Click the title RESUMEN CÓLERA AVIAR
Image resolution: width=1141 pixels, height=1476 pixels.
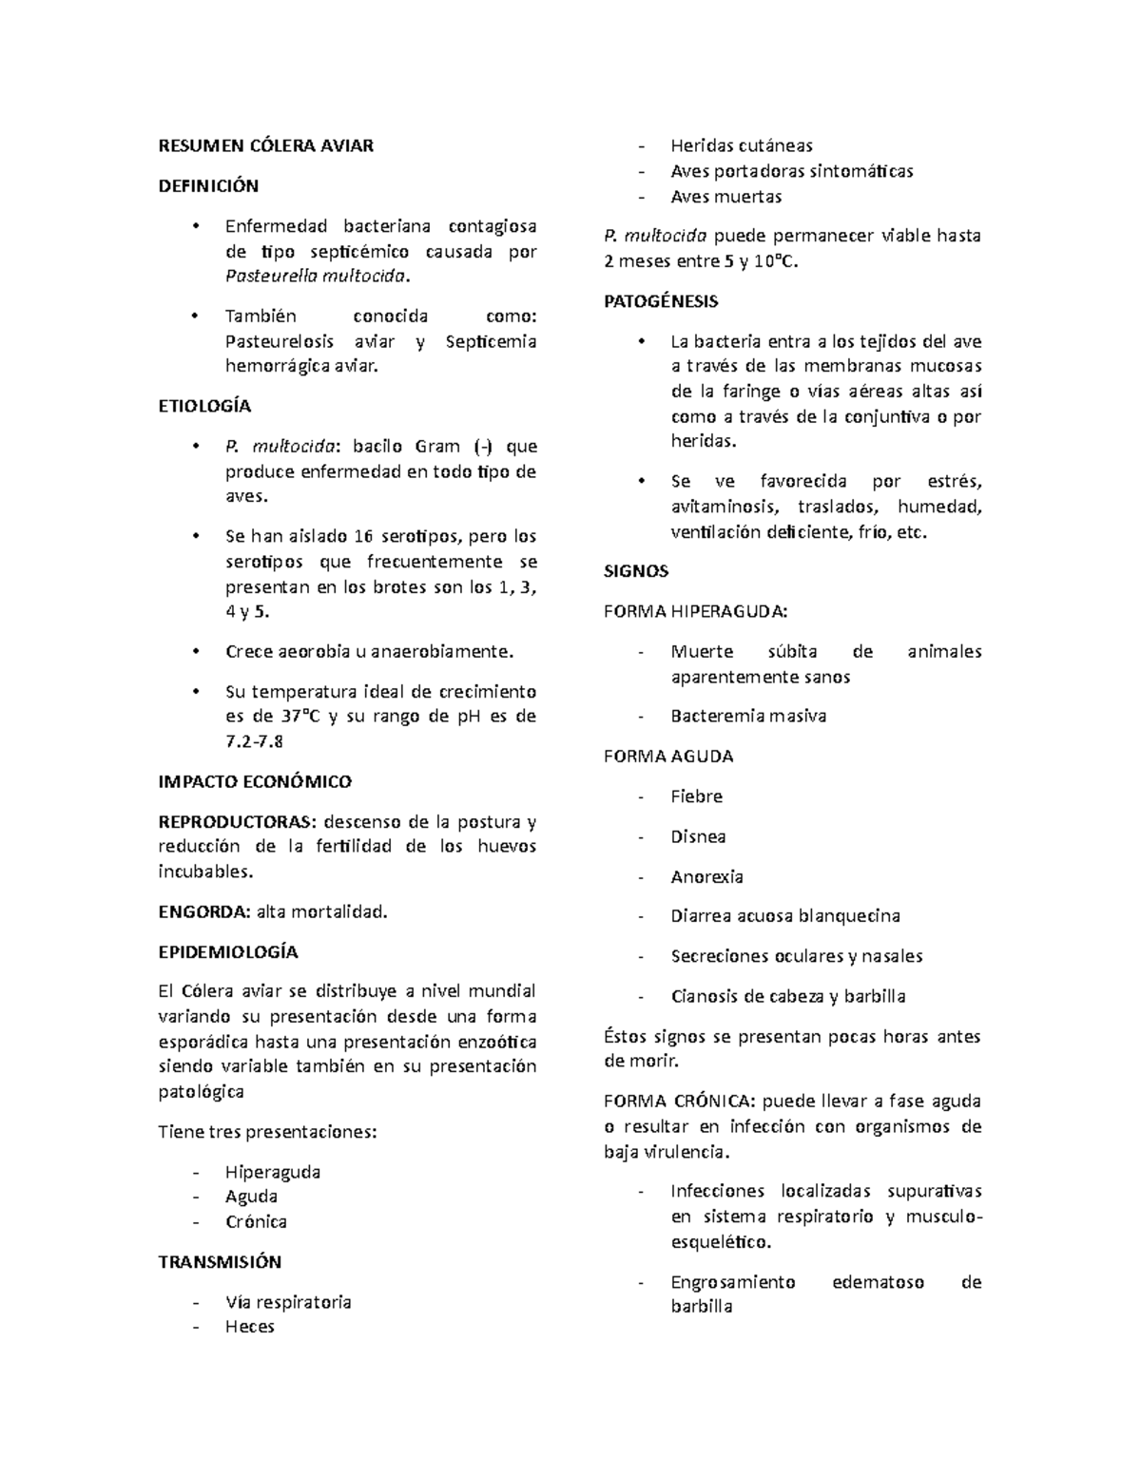pyautogui.click(x=265, y=145)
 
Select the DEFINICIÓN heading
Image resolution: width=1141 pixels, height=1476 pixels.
pyautogui.click(x=207, y=185)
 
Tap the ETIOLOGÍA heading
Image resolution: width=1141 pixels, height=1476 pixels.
pyautogui.click(x=204, y=406)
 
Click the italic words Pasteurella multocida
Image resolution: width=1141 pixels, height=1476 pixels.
pyautogui.click(x=318, y=277)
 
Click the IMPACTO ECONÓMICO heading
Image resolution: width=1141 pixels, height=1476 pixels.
pyautogui.click(x=254, y=781)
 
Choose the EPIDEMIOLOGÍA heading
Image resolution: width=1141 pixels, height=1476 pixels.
pyautogui.click(x=228, y=951)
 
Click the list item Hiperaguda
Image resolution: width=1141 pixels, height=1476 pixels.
pyautogui.click(x=272, y=1171)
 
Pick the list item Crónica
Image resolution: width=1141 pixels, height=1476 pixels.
pyautogui.click(x=256, y=1221)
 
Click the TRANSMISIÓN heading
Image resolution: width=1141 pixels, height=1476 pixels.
pyautogui.click(x=220, y=1261)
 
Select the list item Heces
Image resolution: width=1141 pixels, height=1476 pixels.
pyautogui.click(x=249, y=1327)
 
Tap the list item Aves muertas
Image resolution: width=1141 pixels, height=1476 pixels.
pyautogui.click(x=725, y=197)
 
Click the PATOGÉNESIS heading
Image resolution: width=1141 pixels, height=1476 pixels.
pyautogui.click(x=661, y=301)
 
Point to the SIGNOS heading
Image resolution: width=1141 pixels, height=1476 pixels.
pyautogui.click(x=636, y=571)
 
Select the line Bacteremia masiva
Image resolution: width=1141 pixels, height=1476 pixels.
pyautogui.click(x=748, y=716)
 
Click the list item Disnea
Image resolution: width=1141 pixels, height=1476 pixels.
pyautogui.click(x=698, y=836)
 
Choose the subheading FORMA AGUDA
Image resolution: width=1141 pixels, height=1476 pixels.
pyautogui.click(x=668, y=757)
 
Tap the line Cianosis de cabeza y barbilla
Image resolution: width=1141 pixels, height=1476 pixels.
pyautogui.click(x=787, y=996)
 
